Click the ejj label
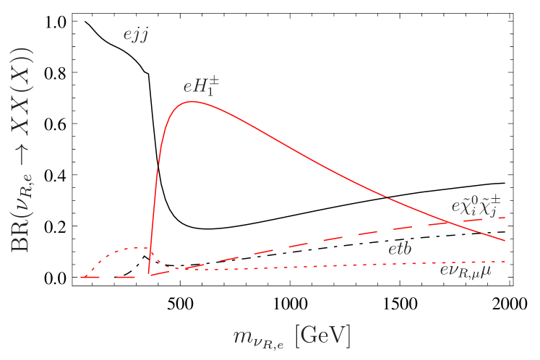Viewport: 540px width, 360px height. click(135, 35)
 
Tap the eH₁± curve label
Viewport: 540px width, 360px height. click(201, 87)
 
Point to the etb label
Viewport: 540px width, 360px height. click(400, 249)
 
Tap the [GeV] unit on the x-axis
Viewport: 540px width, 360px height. click(322, 335)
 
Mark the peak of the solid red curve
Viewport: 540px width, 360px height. click(191, 101)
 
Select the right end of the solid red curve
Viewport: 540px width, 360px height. click(505, 240)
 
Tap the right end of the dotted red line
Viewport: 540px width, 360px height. click(505, 262)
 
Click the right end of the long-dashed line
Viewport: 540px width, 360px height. click(504, 217)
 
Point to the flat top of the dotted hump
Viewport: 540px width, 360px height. click(134, 249)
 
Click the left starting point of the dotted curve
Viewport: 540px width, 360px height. click(82, 277)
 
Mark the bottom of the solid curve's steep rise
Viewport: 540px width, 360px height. click(149, 274)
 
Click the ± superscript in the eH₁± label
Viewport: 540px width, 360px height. click(213, 82)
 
